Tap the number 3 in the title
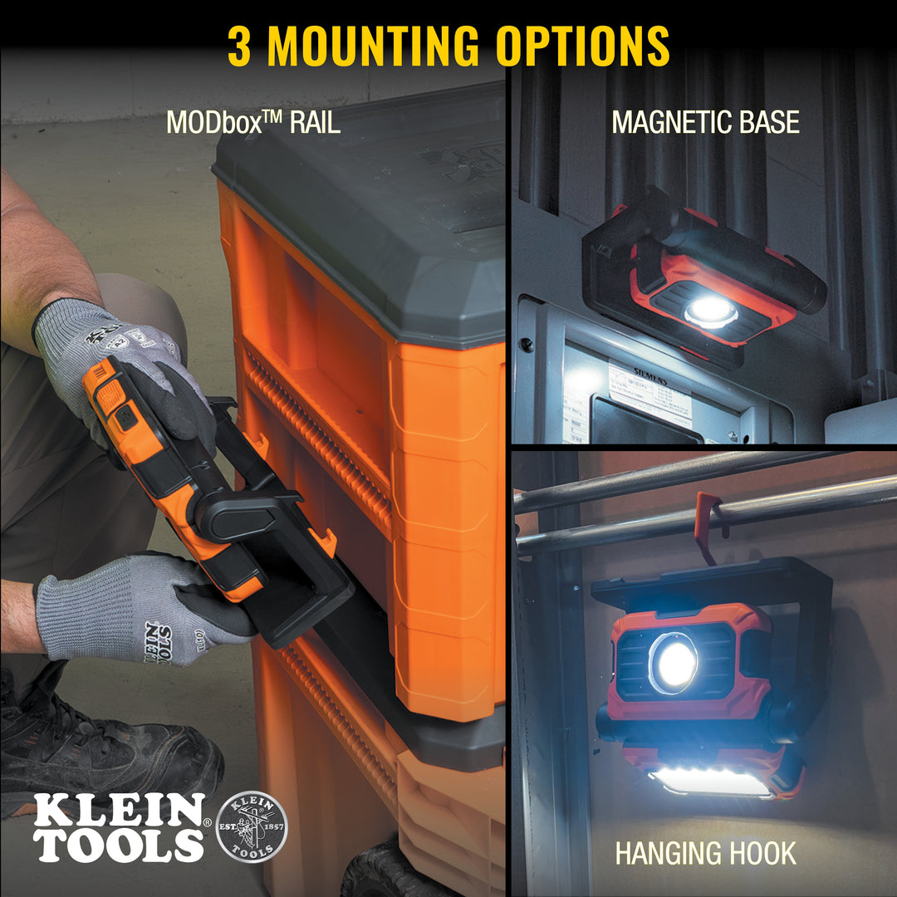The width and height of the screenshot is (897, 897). click(x=239, y=46)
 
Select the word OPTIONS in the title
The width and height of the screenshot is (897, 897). click(x=582, y=46)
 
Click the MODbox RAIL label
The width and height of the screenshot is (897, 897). click(x=253, y=122)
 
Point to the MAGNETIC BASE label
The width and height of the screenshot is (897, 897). click(x=705, y=122)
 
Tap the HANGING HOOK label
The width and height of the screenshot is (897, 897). click(x=705, y=853)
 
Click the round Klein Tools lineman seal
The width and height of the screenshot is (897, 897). click(x=252, y=825)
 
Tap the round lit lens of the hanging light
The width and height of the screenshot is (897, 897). click(x=674, y=663)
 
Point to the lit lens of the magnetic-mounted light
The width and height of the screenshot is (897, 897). click(x=710, y=311)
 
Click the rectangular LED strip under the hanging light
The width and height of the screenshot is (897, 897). click(x=711, y=782)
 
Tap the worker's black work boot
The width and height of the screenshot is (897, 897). click(x=100, y=747)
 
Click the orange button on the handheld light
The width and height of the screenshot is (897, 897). click(x=110, y=397)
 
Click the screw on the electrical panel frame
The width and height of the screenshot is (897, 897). click(x=526, y=342)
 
